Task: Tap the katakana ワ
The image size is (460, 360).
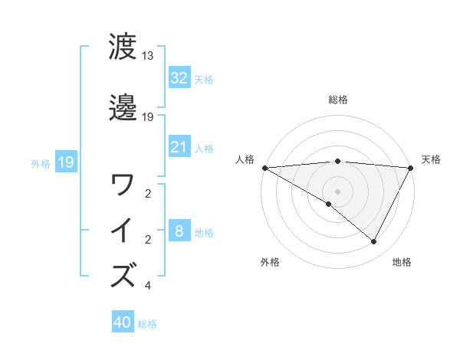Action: coord(123,185)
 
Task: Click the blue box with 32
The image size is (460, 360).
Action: coord(179,78)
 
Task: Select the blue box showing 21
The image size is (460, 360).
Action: coord(179,147)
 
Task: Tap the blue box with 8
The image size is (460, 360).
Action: coord(179,231)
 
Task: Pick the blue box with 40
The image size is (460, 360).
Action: coord(123,322)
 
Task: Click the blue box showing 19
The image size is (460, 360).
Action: coord(65,162)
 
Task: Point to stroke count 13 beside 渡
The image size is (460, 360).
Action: coord(148,56)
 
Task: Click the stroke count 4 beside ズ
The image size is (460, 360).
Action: coord(147,286)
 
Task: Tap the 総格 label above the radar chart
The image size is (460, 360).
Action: coord(337,100)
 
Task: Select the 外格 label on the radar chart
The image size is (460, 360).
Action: coord(269,263)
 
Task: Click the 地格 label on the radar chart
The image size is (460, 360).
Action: coord(402,263)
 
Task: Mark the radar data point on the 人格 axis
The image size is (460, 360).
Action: coord(264,167)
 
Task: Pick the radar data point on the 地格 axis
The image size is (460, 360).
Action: coord(374,242)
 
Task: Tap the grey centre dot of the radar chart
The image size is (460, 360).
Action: coord(337,191)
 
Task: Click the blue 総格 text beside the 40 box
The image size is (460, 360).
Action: coord(147,324)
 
